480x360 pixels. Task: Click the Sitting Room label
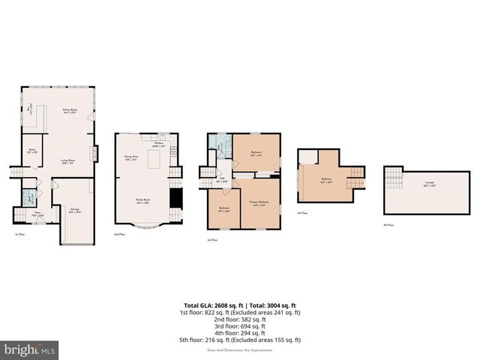(71, 111)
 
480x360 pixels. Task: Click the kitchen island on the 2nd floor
(156, 160)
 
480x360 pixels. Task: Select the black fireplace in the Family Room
(175, 198)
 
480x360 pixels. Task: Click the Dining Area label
(131, 158)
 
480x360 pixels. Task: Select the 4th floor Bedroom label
(325, 180)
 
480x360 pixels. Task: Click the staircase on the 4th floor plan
(355, 177)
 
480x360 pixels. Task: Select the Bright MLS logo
(30, 349)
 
